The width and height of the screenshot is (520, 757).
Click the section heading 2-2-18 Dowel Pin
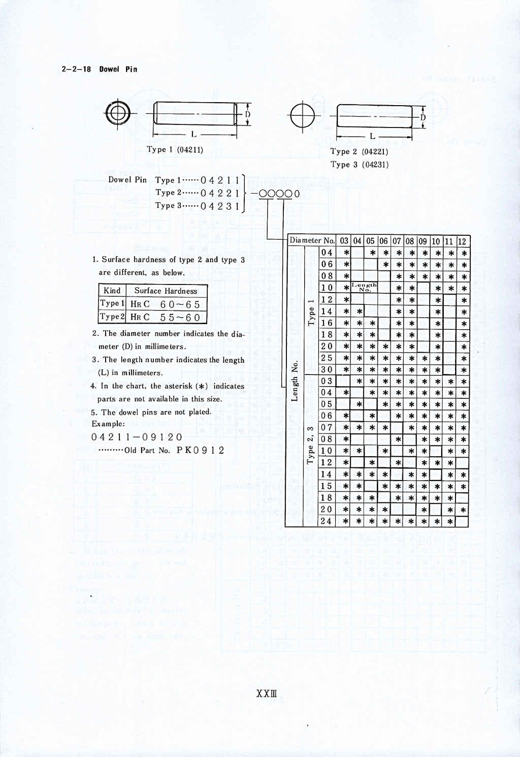click(x=99, y=69)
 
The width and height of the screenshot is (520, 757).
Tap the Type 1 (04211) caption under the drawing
click(x=175, y=149)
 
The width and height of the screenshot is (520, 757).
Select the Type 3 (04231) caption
click(x=359, y=165)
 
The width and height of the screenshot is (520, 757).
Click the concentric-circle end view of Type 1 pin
click(x=118, y=113)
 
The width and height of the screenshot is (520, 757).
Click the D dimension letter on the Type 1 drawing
click(x=248, y=114)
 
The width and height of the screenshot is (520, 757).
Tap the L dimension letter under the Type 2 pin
click(x=373, y=136)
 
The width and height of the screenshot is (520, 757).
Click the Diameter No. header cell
click(x=312, y=240)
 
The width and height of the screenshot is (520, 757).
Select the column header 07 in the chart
click(x=397, y=241)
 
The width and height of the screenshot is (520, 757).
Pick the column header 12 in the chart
click(x=462, y=241)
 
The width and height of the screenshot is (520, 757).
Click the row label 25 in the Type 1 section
click(x=327, y=358)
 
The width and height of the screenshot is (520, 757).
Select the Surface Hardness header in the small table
click(x=166, y=291)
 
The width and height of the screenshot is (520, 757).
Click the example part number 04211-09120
click(x=137, y=437)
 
